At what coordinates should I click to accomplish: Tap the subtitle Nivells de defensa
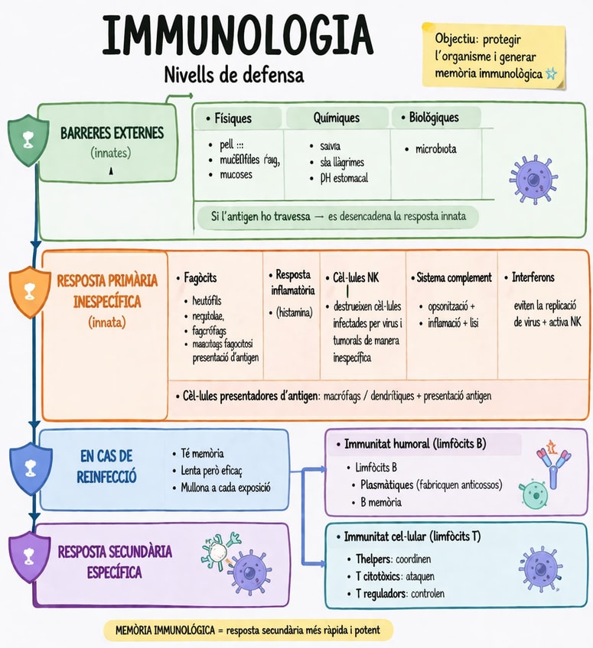click(233, 75)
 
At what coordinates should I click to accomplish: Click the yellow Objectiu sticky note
click(494, 55)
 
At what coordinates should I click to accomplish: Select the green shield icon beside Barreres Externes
click(26, 141)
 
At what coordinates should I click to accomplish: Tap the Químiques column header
click(336, 118)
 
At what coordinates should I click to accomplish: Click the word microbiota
click(435, 149)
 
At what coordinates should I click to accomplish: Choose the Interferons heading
click(533, 277)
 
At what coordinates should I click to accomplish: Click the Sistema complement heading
click(454, 277)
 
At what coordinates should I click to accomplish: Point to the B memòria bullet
click(380, 502)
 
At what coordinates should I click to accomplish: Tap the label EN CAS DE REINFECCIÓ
click(107, 467)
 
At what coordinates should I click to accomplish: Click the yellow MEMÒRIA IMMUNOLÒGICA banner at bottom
click(249, 630)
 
